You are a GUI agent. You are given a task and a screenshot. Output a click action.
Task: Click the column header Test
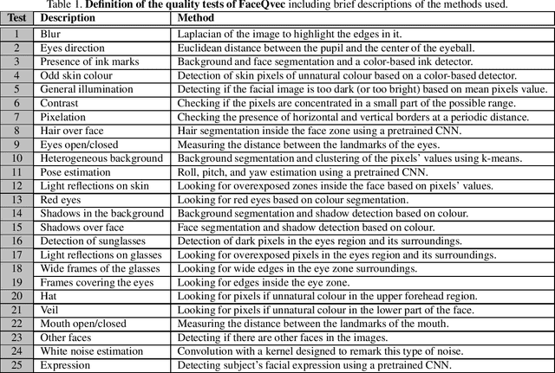pyautogui.click(x=17, y=17)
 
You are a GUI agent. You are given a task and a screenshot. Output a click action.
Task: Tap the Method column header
pyautogui.click(x=197, y=17)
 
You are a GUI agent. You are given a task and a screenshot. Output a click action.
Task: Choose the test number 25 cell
pyautogui.click(x=16, y=365)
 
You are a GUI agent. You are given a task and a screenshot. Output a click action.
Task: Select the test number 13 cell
pyautogui.click(x=16, y=200)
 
